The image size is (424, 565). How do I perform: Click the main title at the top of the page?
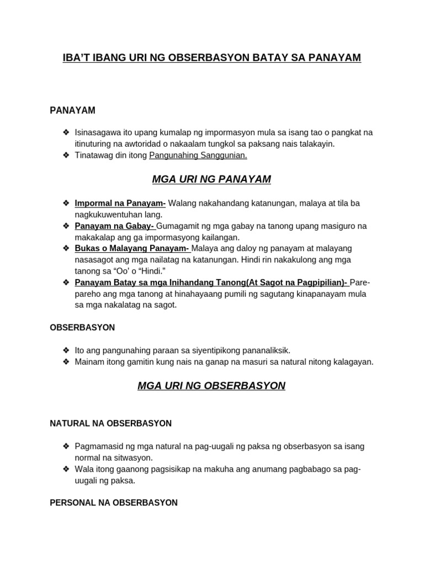pos(212,57)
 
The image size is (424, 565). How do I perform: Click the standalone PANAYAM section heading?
pos(72,110)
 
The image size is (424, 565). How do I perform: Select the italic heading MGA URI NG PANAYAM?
pos(211,179)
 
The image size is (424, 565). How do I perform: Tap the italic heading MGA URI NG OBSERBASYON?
pos(211,386)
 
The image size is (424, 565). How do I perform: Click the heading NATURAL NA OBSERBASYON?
pos(110,423)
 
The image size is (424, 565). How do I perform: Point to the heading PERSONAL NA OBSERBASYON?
pos(114,503)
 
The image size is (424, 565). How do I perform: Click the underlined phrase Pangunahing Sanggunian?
pos(198,156)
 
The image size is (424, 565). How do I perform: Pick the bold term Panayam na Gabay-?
pos(115,226)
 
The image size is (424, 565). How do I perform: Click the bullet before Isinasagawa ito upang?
pos(66,132)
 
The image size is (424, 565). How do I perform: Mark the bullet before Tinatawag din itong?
pos(66,156)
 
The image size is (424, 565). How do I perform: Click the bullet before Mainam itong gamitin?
pos(66,362)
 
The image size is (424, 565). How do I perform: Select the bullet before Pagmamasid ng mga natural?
pos(66,446)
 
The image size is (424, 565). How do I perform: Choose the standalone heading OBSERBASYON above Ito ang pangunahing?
pos(82,327)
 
